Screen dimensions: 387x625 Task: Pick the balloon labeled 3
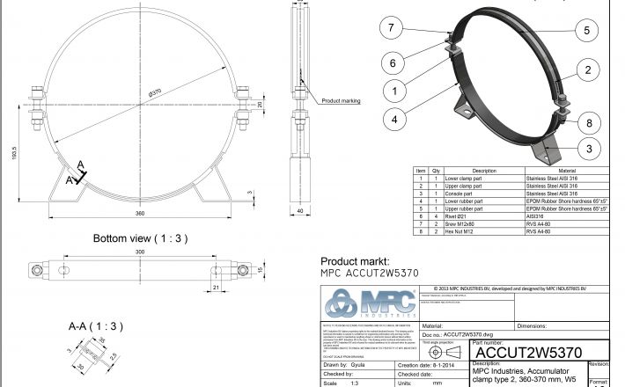[x=588, y=148]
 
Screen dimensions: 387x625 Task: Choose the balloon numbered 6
[x=394, y=62]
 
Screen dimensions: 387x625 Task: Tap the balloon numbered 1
[x=397, y=90]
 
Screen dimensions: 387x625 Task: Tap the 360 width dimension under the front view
[x=139, y=213]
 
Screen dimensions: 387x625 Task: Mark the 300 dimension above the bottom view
[x=141, y=252]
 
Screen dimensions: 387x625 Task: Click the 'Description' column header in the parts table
[x=484, y=171]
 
